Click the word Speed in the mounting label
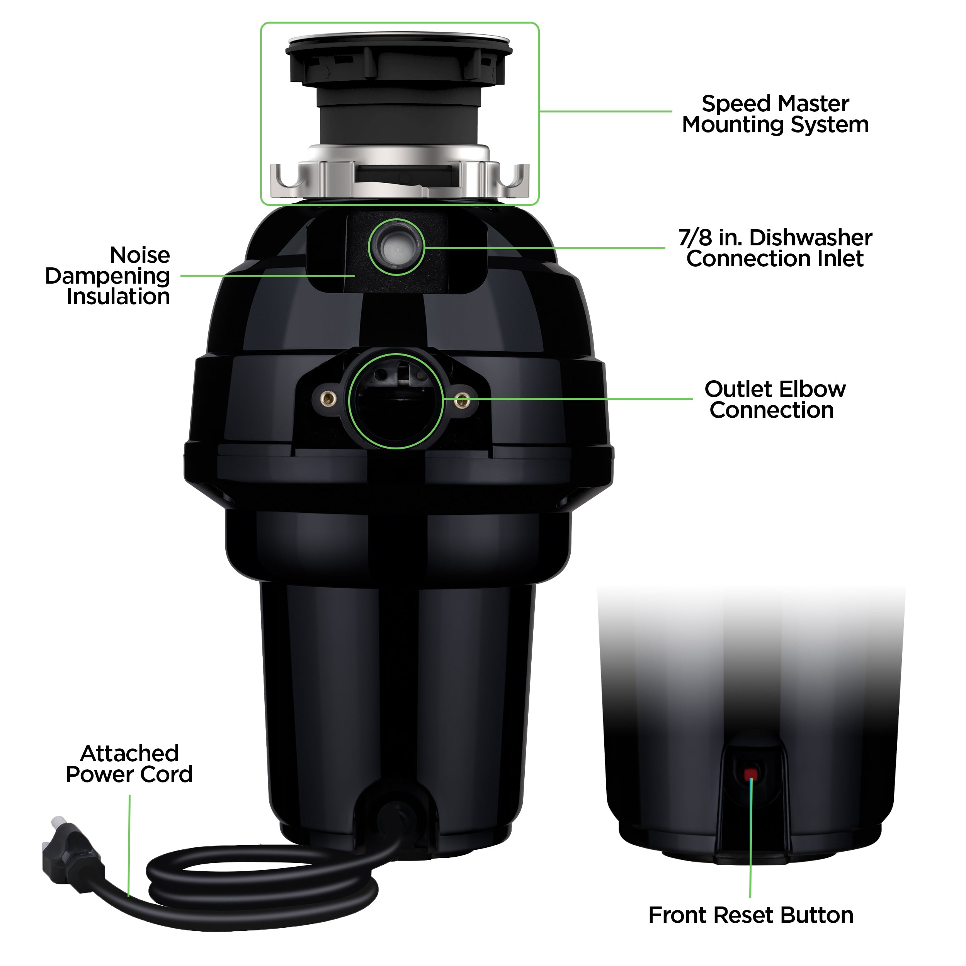point(733,104)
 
